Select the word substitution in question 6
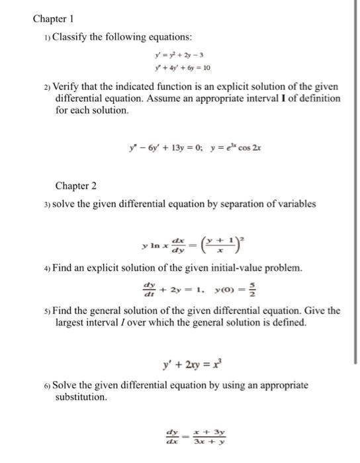coord(81,398)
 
